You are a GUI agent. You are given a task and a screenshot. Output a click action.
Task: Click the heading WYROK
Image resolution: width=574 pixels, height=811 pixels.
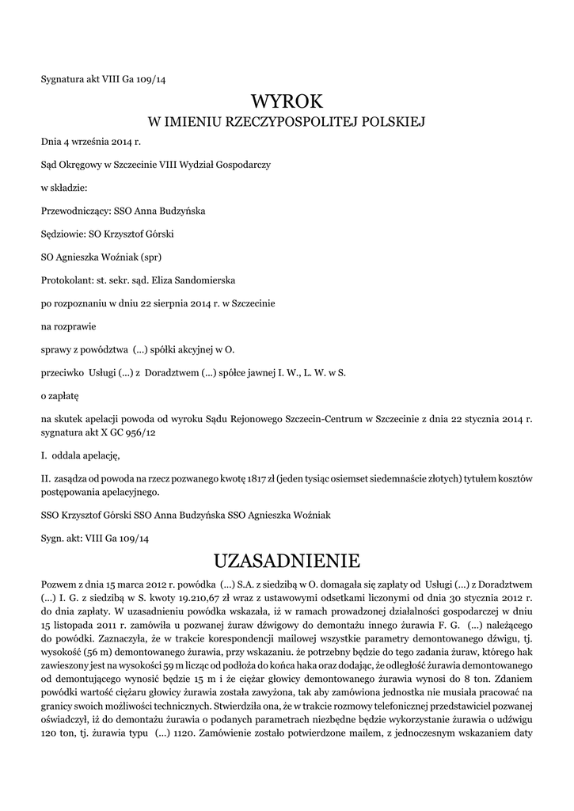click(x=287, y=101)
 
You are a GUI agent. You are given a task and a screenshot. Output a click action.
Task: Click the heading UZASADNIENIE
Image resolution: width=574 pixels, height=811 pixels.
click(x=287, y=562)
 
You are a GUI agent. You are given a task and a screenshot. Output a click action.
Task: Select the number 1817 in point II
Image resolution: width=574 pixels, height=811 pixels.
click(x=255, y=479)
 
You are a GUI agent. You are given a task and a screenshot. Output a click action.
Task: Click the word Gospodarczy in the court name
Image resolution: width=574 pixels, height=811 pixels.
click(x=241, y=166)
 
